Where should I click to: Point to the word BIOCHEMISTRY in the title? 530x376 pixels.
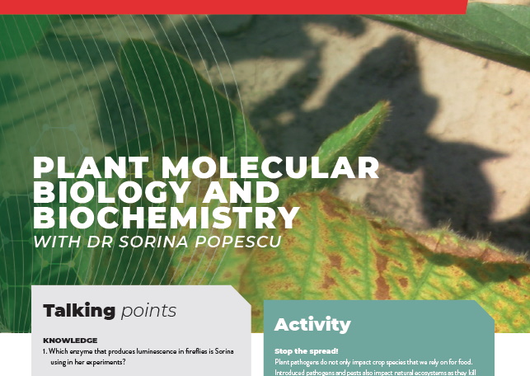coord(166,219)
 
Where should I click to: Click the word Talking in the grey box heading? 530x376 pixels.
coord(79,311)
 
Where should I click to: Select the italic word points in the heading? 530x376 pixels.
coord(148,311)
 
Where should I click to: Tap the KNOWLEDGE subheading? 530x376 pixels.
coord(70,340)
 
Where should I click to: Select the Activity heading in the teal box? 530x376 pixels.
coord(312,324)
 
